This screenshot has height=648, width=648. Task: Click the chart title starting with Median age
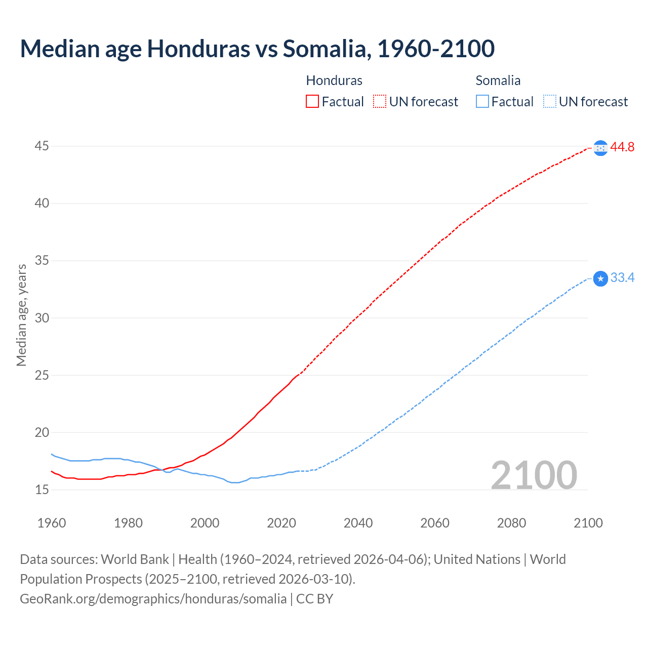257,49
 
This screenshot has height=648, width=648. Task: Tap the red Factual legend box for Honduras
312,102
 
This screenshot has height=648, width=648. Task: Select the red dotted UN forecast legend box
380,102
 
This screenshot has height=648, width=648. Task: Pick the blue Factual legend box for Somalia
482,102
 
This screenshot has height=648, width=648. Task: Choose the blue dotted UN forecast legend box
549,102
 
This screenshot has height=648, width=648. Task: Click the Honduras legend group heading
334,80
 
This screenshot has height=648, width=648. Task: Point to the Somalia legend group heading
498,80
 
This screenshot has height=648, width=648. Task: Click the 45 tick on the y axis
42,146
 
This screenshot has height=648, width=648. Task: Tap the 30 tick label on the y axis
42,318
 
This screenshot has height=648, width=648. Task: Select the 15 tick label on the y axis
42,490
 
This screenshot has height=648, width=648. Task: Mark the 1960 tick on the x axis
52,523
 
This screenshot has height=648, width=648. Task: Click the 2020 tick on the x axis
281,523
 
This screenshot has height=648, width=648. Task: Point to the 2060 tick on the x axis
435,523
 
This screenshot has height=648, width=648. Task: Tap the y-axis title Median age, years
21,315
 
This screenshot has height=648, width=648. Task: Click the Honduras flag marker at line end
600,148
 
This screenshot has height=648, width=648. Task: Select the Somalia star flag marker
600,278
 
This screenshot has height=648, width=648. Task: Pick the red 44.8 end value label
622,147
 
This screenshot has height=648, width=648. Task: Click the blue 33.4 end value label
622,278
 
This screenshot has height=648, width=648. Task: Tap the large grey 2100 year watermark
534,475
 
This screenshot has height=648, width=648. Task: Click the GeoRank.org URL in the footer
153,599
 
